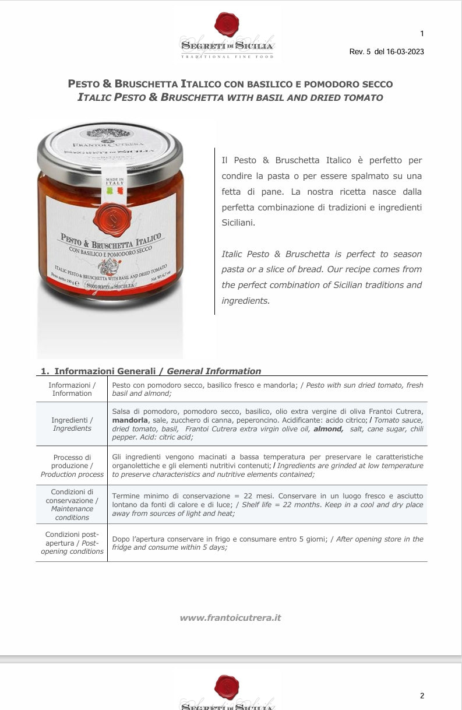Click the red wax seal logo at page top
227,23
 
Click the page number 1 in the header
422,33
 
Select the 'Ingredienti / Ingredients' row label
72,424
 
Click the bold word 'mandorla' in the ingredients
131,420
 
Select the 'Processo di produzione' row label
72,466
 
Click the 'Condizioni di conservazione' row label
72,504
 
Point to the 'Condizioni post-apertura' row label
72,543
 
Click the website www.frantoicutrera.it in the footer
230,617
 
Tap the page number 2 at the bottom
422,695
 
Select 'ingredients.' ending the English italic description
245,301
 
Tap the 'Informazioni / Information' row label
72,389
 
